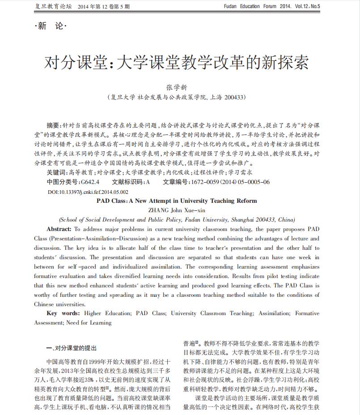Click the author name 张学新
[x=180, y=87]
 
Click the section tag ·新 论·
[x=51, y=26]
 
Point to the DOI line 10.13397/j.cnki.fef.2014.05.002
[x=88, y=192]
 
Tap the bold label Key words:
[x=63, y=314]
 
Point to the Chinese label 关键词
[x=56, y=172]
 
